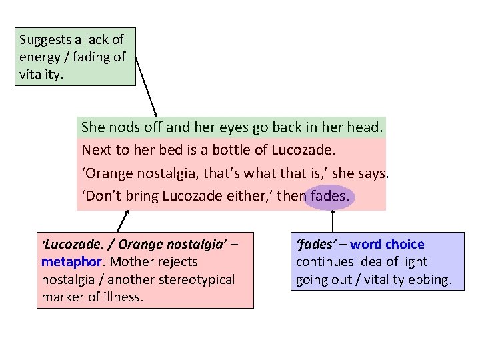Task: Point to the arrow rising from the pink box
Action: [124, 221]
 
